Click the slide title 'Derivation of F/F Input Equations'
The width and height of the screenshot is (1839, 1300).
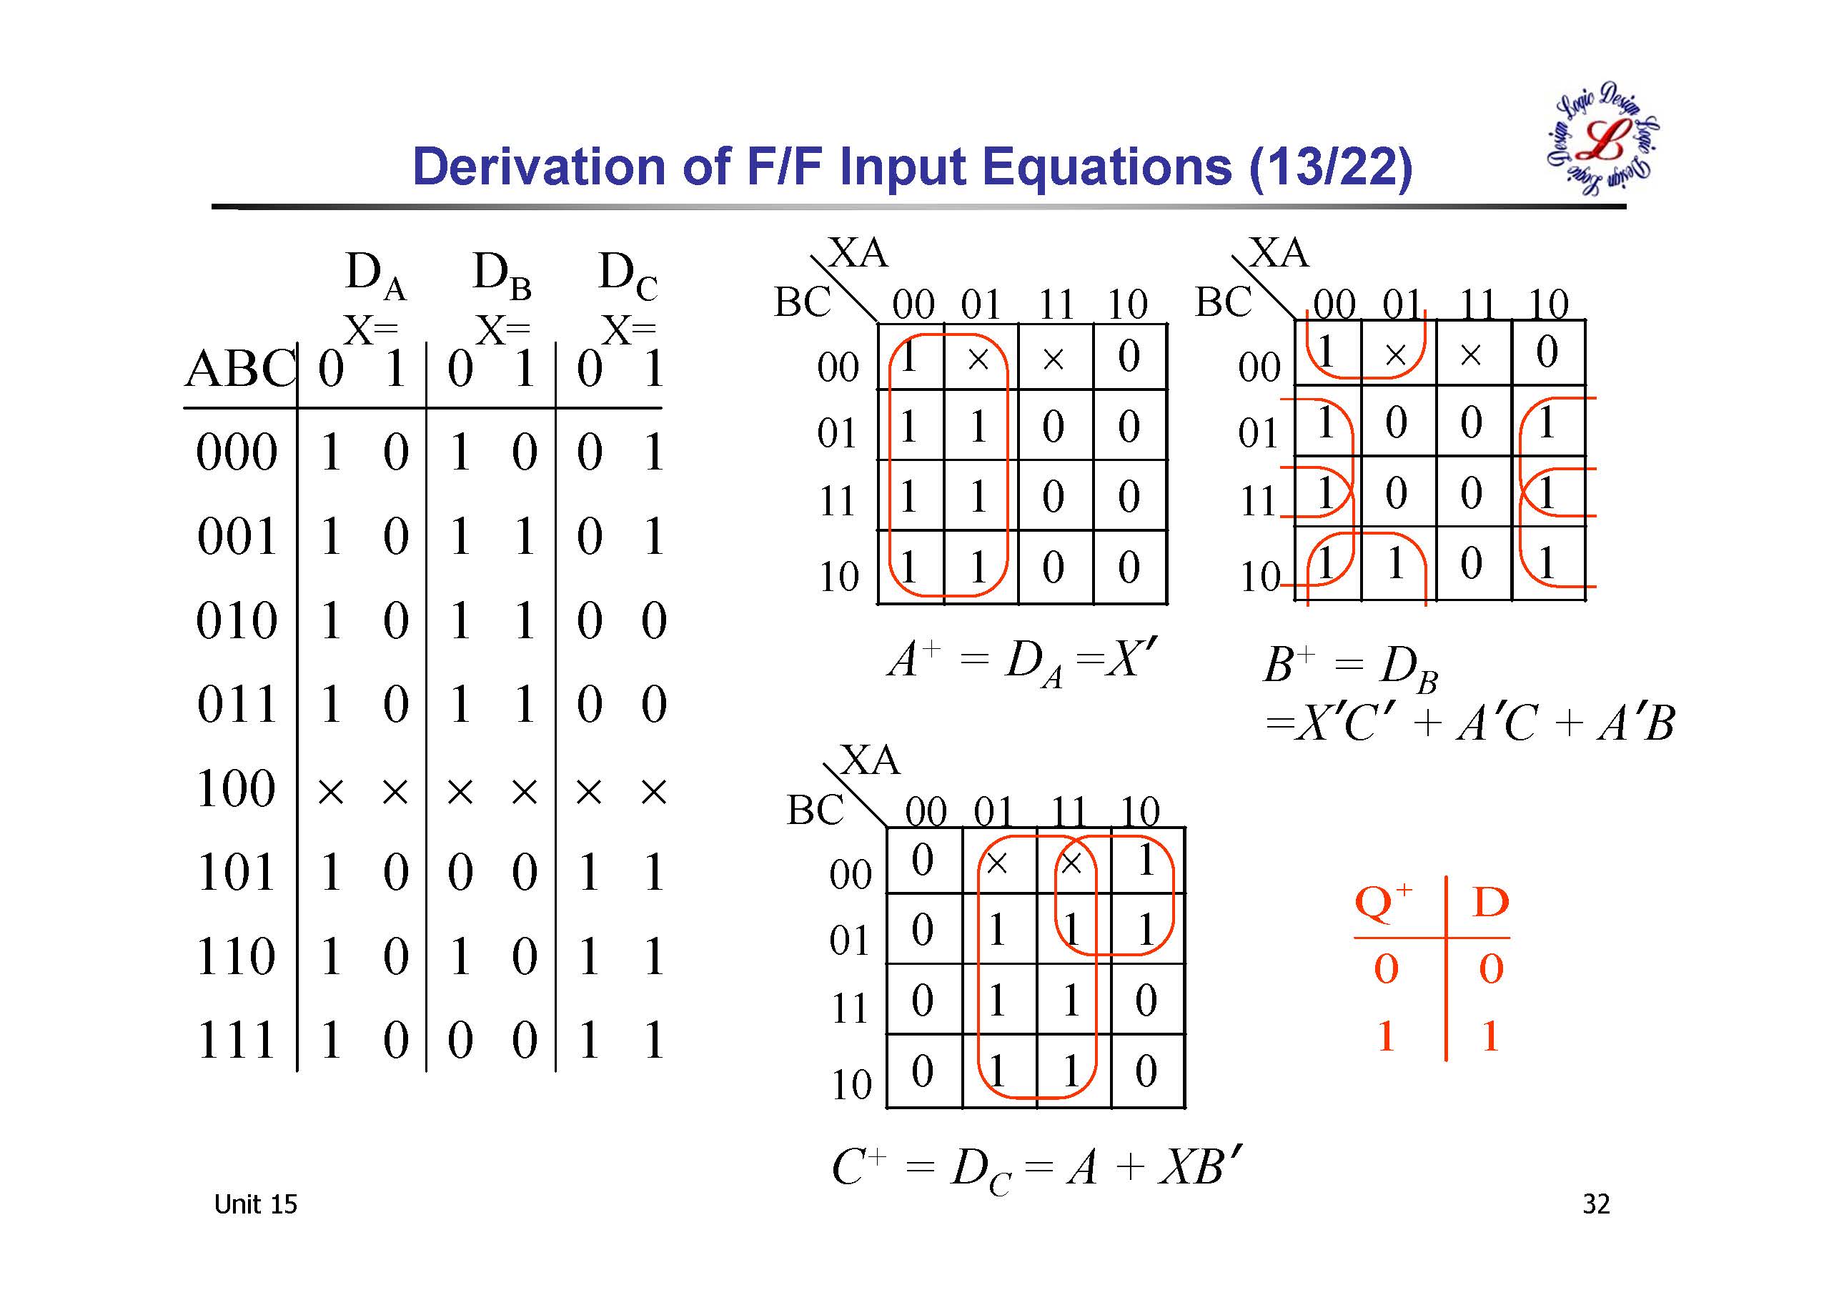911,167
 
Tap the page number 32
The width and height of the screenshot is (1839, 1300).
1595,1204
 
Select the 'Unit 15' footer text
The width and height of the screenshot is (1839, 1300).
255,1204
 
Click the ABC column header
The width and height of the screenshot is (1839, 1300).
239,370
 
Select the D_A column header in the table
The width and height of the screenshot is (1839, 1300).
375,274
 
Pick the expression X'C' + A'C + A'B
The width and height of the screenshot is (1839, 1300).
1469,723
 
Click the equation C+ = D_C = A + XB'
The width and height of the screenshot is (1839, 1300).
1036,1168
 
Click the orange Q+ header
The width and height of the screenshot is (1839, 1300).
1383,903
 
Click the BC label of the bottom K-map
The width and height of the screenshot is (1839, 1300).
815,810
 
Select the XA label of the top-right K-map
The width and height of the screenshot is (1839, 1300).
1279,253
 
